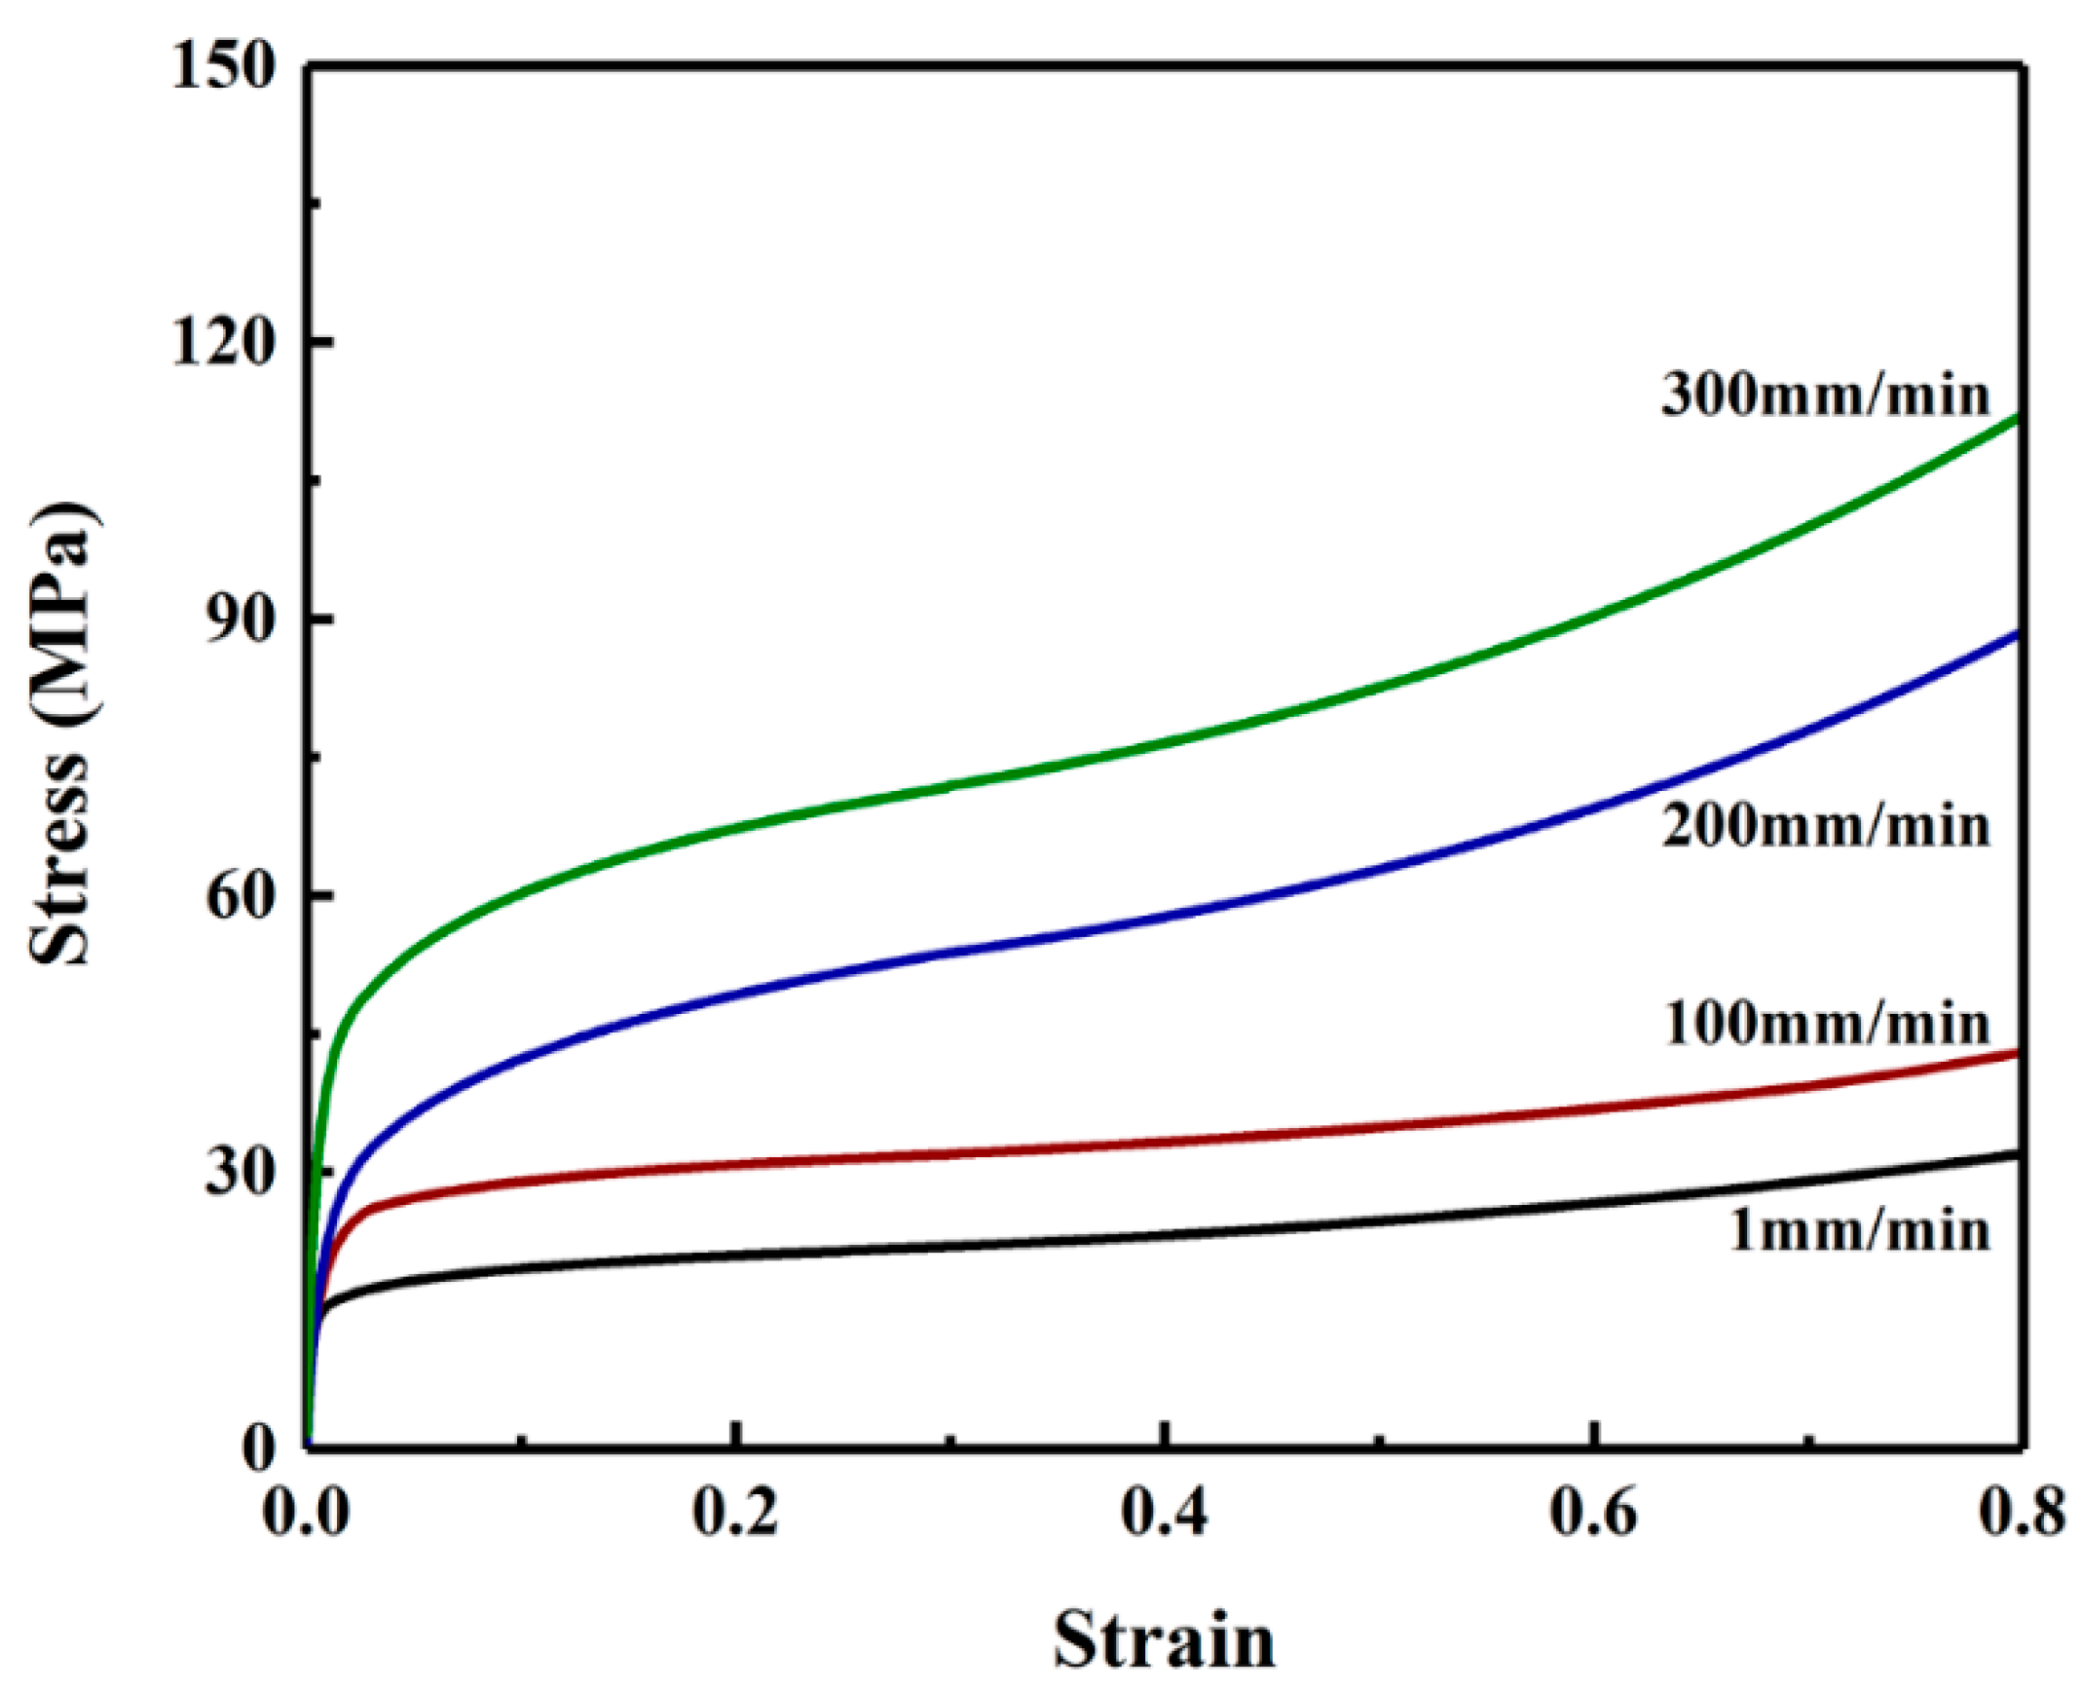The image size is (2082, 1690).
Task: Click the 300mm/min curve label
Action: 1824,395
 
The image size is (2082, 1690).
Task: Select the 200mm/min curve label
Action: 1824,827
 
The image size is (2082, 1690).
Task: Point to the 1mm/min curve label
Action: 1858,1231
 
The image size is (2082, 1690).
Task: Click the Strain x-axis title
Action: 1164,1640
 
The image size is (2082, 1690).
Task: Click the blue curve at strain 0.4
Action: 1165,916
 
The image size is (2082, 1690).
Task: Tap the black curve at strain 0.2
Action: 737,1255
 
